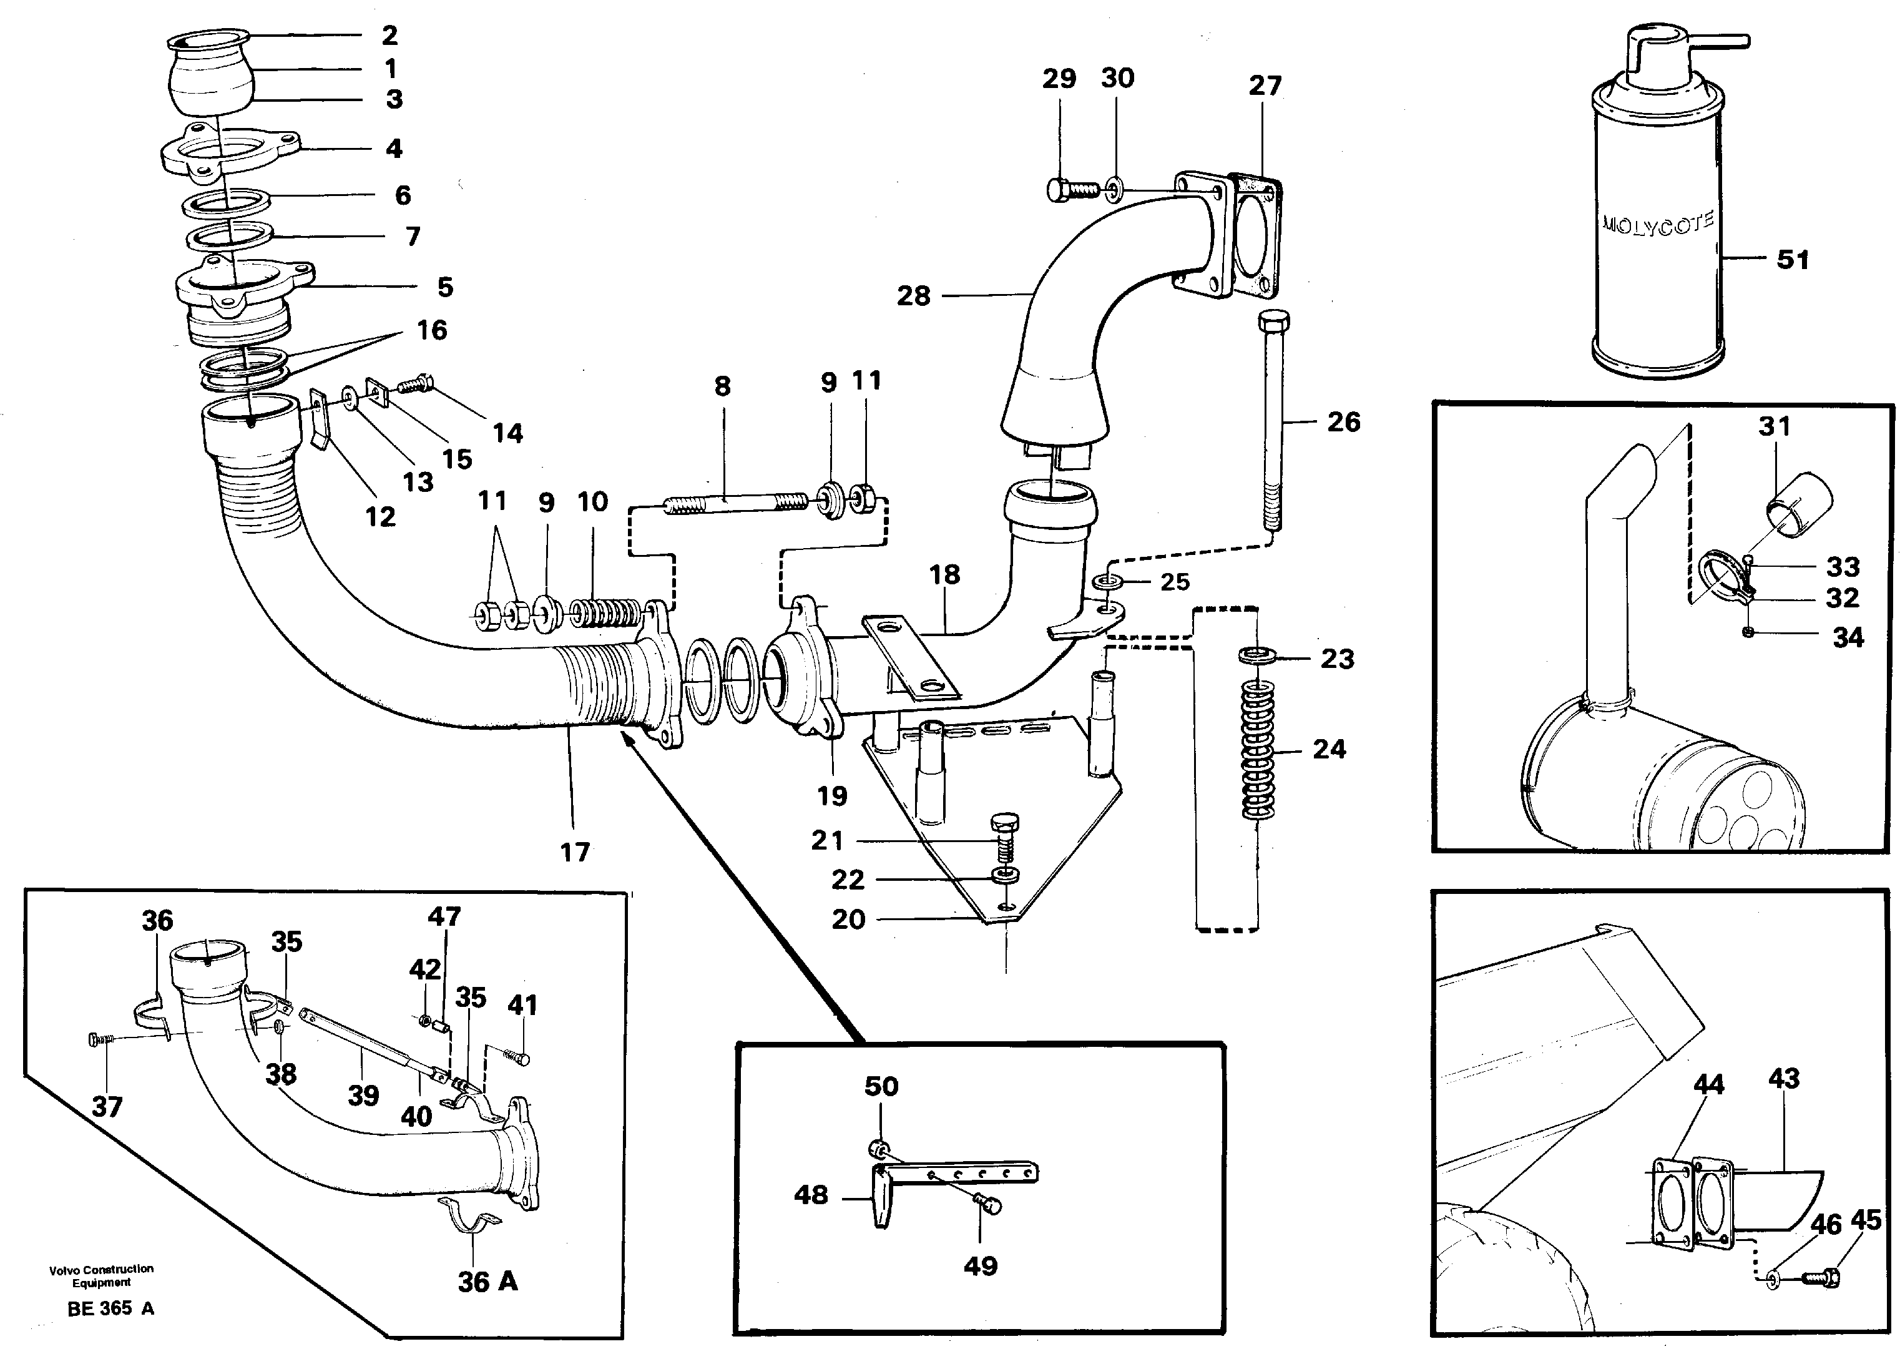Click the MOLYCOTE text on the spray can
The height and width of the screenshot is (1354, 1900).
(1657, 224)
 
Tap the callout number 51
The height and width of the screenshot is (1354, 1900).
(1793, 259)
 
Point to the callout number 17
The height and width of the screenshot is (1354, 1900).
(574, 852)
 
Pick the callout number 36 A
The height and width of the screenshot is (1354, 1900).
(487, 1282)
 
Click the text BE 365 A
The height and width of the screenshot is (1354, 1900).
(110, 1308)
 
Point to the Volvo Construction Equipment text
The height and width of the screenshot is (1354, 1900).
(101, 1275)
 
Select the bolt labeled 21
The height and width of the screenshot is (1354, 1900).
(1004, 839)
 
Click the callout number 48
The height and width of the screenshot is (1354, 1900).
(810, 1195)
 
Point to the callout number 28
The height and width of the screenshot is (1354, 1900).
(913, 295)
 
